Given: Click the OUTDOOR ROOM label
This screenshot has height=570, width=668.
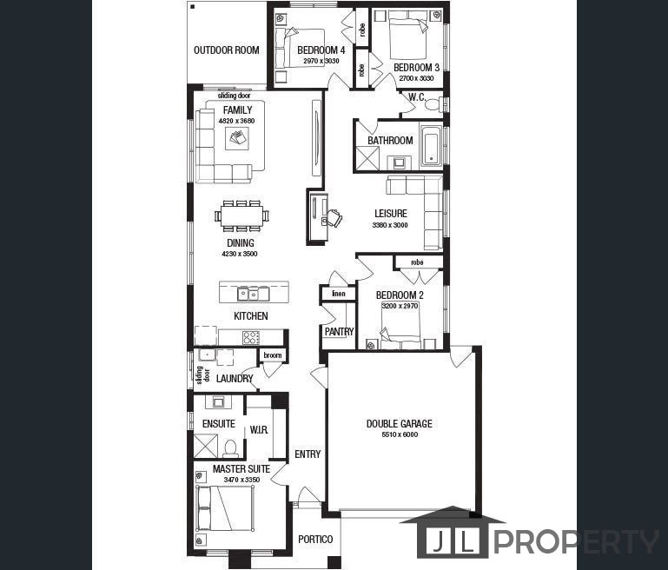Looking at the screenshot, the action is click(x=226, y=50).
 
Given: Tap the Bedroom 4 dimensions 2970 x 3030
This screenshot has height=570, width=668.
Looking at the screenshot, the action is click(x=321, y=61).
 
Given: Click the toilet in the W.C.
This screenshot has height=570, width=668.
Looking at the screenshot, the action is click(x=433, y=104).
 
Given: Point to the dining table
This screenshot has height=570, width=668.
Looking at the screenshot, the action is click(x=241, y=216).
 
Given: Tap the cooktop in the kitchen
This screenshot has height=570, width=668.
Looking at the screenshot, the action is click(x=251, y=337).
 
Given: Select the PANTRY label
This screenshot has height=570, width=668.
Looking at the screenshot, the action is click(x=340, y=331).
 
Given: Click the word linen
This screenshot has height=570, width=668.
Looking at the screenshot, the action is click(x=339, y=294).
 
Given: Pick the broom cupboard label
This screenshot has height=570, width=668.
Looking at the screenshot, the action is click(x=272, y=355).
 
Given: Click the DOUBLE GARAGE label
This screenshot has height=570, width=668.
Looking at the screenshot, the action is click(x=400, y=423).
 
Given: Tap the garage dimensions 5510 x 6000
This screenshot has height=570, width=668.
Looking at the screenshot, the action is click(x=400, y=434).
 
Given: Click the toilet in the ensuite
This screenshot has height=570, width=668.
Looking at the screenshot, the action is click(x=230, y=448).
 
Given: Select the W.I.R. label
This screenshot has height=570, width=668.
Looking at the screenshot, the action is click(x=259, y=430).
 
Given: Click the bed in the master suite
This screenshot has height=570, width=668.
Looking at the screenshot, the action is click(x=224, y=508).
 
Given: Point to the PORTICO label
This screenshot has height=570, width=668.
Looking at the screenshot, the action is click(x=315, y=540).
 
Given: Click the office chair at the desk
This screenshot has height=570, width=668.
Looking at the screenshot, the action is click(x=333, y=218).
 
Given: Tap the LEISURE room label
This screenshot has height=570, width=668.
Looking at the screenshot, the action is click(x=391, y=214).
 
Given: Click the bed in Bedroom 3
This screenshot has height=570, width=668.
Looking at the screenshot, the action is click(x=407, y=35).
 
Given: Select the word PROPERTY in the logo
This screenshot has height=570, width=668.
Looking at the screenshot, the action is click(x=576, y=542).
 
